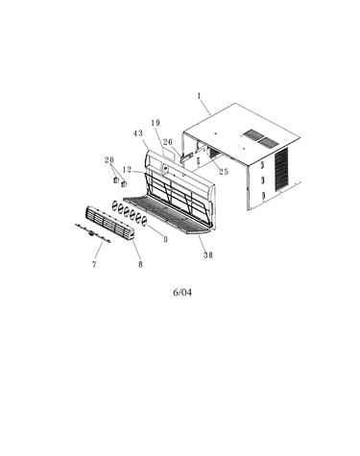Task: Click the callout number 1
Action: pyautogui.click(x=199, y=96)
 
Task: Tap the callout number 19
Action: pyautogui.click(x=156, y=123)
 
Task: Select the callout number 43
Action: pyautogui.click(x=138, y=133)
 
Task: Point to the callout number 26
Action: pyautogui.click(x=168, y=142)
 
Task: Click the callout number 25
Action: pyautogui.click(x=224, y=172)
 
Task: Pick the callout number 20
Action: pyautogui.click(x=109, y=160)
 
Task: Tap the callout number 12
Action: pyautogui.click(x=127, y=169)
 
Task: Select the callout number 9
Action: pyautogui.click(x=165, y=239)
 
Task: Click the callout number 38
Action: pyautogui.click(x=208, y=255)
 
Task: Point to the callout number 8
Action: pyautogui.click(x=140, y=264)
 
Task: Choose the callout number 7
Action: pyautogui.click(x=94, y=264)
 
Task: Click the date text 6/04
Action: pyautogui.click(x=182, y=292)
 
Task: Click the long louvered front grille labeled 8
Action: pyautogui.click(x=110, y=223)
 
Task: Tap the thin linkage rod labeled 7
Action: pyautogui.click(x=93, y=233)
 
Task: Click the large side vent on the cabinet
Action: pyautogui.click(x=281, y=169)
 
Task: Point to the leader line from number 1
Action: pyautogui.click(x=205, y=107)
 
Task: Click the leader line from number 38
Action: pyautogui.click(x=202, y=243)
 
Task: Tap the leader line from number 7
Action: pyautogui.click(x=99, y=252)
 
